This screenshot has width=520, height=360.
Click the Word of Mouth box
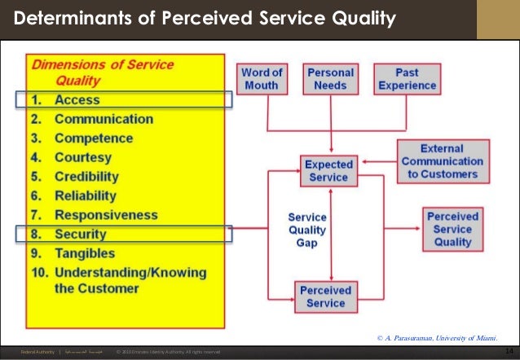coord(262,79)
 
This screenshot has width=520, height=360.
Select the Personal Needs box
coord(330,79)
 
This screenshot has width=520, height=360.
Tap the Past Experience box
coord(407,79)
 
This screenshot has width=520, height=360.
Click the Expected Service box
coord(328,170)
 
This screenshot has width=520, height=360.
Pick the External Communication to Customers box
coord(443,161)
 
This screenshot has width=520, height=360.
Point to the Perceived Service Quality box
coord(452,229)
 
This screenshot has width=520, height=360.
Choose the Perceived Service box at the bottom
coord(326,296)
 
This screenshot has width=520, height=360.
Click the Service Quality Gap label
coord(307,230)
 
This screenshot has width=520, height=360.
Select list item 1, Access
coord(77,100)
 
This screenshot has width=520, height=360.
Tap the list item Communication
coord(103,119)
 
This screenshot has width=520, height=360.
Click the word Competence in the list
coord(93,138)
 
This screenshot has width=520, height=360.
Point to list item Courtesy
coord(82,157)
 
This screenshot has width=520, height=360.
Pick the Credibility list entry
coord(86,177)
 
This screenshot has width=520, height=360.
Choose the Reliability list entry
coord(86,195)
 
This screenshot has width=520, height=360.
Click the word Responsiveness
coord(106,215)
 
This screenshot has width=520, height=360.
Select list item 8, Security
coord(80,234)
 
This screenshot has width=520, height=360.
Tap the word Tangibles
coord(85,253)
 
